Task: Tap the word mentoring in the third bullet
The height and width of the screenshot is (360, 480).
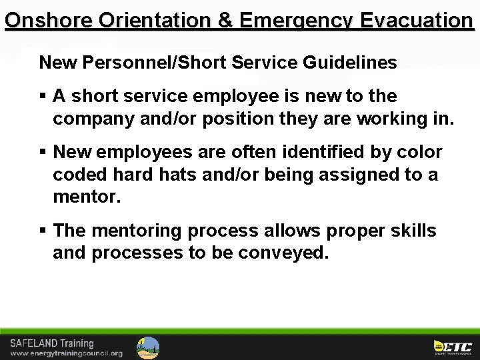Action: point(137,231)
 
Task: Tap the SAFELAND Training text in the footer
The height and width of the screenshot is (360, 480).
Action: point(51,343)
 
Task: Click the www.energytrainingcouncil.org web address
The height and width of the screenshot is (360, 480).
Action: point(66,353)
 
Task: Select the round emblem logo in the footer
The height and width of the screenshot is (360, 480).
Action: point(148,347)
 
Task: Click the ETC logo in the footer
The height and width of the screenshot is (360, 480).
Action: point(453,347)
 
